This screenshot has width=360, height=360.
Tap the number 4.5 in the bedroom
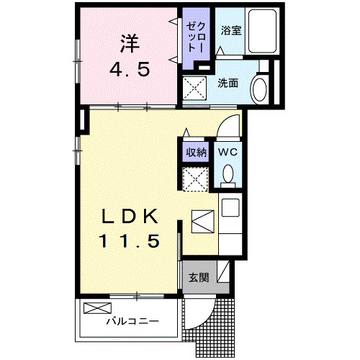(129, 70)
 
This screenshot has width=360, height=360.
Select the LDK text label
(132, 216)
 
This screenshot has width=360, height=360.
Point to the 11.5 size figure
(132, 241)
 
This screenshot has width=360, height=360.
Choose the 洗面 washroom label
(228, 84)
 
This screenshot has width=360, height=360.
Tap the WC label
(228, 152)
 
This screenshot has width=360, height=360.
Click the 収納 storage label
(196, 152)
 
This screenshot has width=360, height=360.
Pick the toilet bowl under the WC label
(229, 174)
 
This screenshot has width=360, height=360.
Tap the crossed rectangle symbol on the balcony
(94, 308)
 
